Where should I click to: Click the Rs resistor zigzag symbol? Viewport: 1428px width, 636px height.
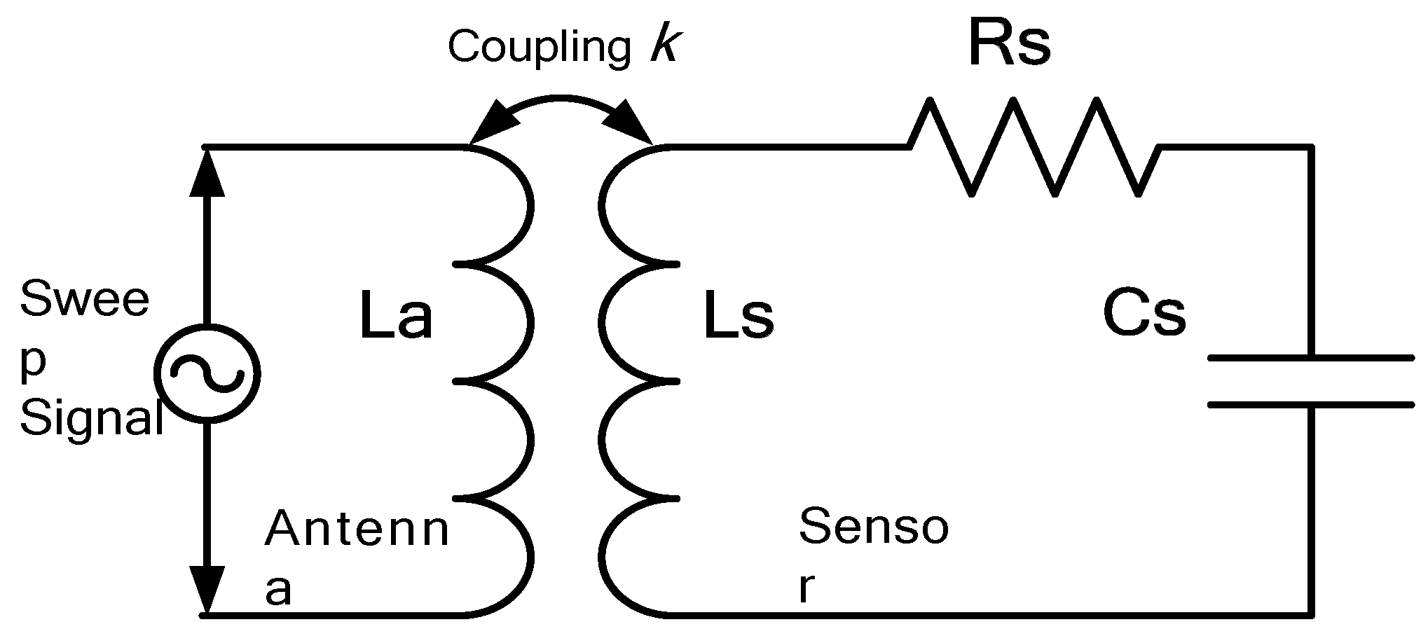pyautogui.click(x=1034, y=148)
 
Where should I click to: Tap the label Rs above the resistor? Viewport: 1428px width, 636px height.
pyautogui.click(x=1009, y=43)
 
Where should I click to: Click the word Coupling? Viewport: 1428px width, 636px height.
pyautogui.click(x=540, y=48)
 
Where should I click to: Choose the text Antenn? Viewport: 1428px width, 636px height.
pyautogui.click(x=356, y=529)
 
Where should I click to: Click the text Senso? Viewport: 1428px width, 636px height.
pyautogui.click(x=873, y=527)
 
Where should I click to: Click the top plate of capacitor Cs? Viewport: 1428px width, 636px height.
pyautogui.click(x=1310, y=359)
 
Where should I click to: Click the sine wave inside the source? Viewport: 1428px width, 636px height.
pyautogui.click(x=207, y=373)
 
